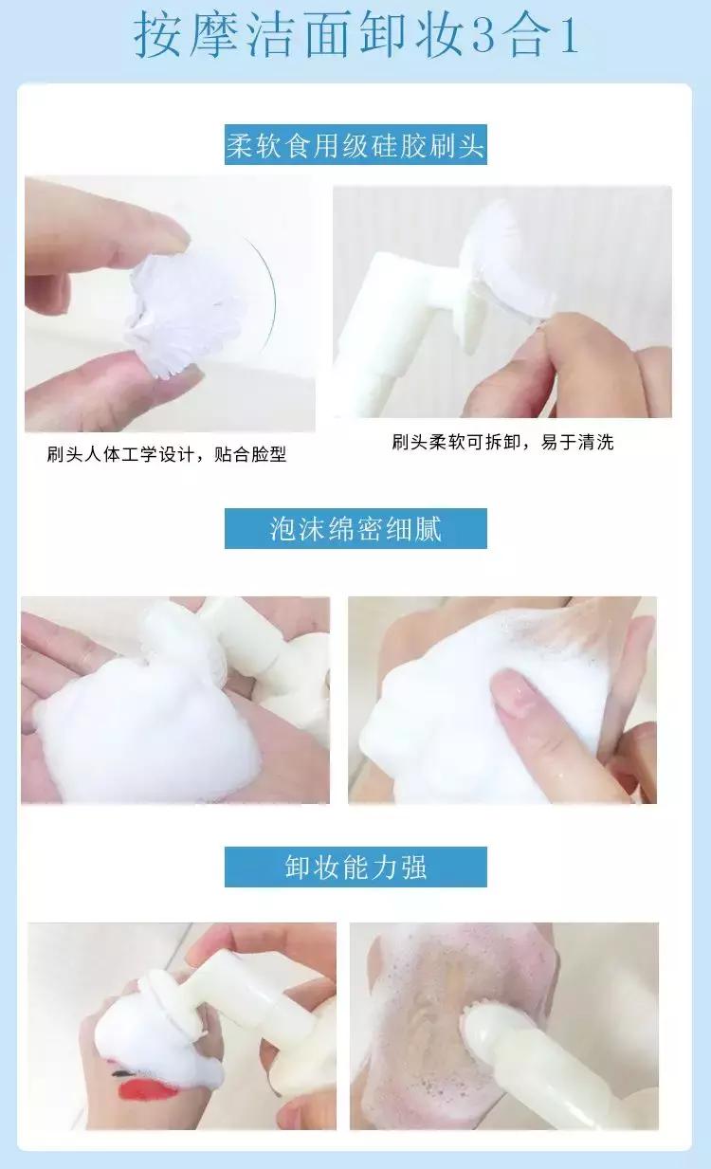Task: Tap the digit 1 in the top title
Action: point(569,35)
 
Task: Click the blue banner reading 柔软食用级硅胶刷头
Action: point(355,144)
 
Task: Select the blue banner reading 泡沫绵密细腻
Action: point(355,528)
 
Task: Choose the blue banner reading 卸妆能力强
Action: point(355,867)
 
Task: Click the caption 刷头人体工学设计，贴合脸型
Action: point(167,454)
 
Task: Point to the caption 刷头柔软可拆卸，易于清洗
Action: point(502,442)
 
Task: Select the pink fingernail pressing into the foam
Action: point(514,694)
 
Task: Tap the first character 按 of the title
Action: point(159,35)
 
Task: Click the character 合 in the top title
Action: point(527,35)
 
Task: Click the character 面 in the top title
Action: point(327,35)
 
